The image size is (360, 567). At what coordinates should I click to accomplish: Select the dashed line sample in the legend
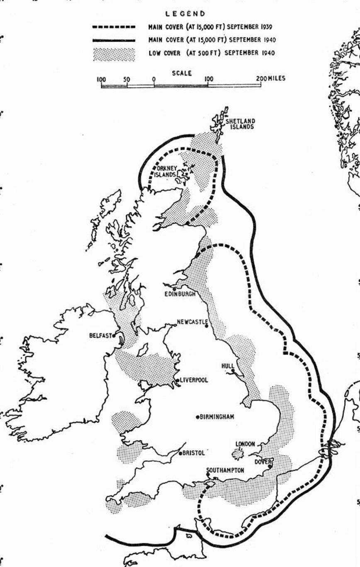pyautogui.click(x=114, y=27)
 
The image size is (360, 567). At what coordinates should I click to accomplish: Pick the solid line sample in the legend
pyautogui.click(x=114, y=40)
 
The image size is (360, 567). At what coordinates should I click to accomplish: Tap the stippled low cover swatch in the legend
pyautogui.click(x=114, y=54)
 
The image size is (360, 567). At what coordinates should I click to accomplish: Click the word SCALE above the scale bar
pyautogui.click(x=181, y=73)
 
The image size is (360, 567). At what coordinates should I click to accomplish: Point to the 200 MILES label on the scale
pyautogui.click(x=270, y=79)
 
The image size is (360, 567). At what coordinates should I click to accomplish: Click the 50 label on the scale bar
pyautogui.click(x=127, y=79)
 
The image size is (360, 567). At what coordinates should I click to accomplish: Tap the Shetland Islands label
pyautogui.click(x=240, y=124)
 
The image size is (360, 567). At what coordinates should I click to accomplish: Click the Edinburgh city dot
pyautogui.click(x=174, y=288)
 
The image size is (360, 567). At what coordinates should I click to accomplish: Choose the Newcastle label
pyautogui.click(x=192, y=322)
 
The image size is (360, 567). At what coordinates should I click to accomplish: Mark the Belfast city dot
pyautogui.click(x=113, y=336)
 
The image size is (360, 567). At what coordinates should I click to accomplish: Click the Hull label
pyautogui.click(x=227, y=366)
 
